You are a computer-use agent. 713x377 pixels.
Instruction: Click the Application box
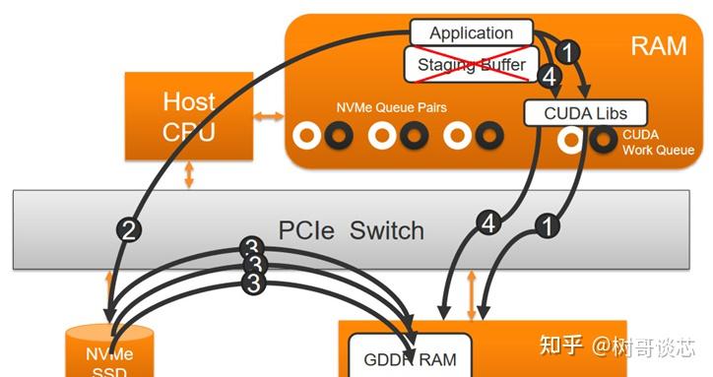coord(471,32)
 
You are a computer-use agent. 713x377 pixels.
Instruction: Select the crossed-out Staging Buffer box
coord(471,65)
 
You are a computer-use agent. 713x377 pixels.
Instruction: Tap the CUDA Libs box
coord(584,113)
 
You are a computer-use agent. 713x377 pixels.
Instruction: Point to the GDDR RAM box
coord(411,358)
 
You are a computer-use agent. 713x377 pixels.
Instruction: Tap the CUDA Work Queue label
coord(658,143)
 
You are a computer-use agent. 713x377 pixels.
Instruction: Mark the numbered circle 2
coord(130,230)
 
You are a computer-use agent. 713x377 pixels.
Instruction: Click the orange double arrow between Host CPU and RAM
coord(268,117)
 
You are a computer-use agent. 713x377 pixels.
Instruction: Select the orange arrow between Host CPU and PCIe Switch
coord(189,175)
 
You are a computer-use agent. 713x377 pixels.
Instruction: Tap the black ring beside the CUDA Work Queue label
coord(603,140)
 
